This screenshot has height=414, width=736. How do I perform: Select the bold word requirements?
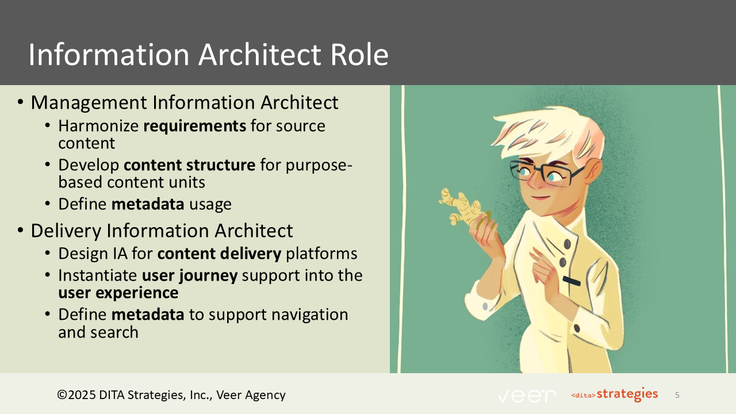tap(194, 125)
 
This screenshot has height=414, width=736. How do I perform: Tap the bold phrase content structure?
tap(190, 165)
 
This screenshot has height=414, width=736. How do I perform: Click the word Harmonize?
tap(98, 125)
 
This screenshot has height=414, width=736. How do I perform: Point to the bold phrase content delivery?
tap(219, 254)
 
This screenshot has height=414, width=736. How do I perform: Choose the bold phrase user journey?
tap(190, 275)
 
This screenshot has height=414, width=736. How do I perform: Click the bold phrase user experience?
tap(118, 293)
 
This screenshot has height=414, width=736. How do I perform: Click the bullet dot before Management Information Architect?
tap(21, 103)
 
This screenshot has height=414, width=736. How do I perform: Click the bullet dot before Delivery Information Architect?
tap(21, 231)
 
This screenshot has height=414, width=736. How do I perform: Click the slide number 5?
tap(677, 395)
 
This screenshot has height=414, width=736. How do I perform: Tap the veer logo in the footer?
tap(527, 396)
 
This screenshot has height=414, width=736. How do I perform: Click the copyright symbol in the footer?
tap(62, 395)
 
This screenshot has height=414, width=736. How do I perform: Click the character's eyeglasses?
tap(543, 172)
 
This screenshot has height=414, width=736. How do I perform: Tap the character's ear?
tap(594, 171)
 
